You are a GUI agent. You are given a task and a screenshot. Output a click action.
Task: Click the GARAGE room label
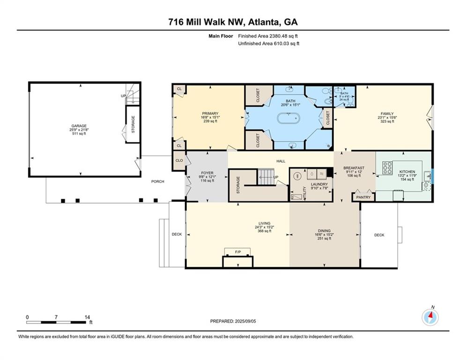coord(78,126)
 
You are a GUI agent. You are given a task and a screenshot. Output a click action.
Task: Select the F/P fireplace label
coord(237,253)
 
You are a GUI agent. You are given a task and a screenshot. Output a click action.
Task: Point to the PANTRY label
coord(363,197)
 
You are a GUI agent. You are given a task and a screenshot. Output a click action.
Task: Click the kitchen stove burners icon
coord(388,167)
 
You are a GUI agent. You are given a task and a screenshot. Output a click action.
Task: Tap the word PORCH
coord(157,181)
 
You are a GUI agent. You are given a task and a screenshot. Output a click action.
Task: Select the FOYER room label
coord(207,173)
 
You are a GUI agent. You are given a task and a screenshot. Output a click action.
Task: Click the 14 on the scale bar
coord(87,317)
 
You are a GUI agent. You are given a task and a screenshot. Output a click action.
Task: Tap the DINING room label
coord(324,231)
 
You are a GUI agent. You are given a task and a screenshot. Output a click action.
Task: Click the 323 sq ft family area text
coord(386,121)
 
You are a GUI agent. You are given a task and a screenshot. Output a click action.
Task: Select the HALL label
coord(281,161)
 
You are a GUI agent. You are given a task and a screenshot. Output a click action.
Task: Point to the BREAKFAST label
coord(354,168)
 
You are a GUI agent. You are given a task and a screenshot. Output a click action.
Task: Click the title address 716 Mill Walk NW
coord(233,22)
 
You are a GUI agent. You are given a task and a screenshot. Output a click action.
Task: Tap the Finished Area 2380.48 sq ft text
coord(268,36)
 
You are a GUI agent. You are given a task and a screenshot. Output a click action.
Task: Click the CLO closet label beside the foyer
coord(179,160)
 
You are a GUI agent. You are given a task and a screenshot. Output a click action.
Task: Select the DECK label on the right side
coord(379,235)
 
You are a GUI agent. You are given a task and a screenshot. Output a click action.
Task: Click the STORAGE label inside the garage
coord(133,124)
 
